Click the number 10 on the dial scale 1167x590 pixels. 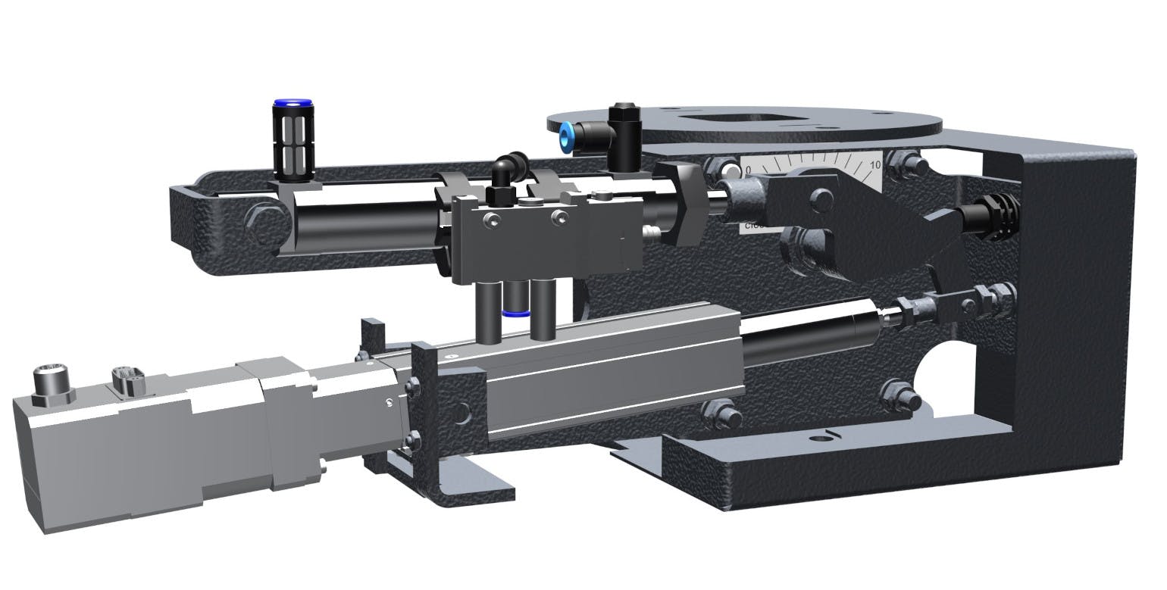(x=875, y=164)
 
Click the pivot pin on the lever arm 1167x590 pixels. (x=819, y=198)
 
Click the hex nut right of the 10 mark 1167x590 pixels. (x=901, y=161)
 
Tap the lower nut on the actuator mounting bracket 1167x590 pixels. (x=414, y=438)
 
